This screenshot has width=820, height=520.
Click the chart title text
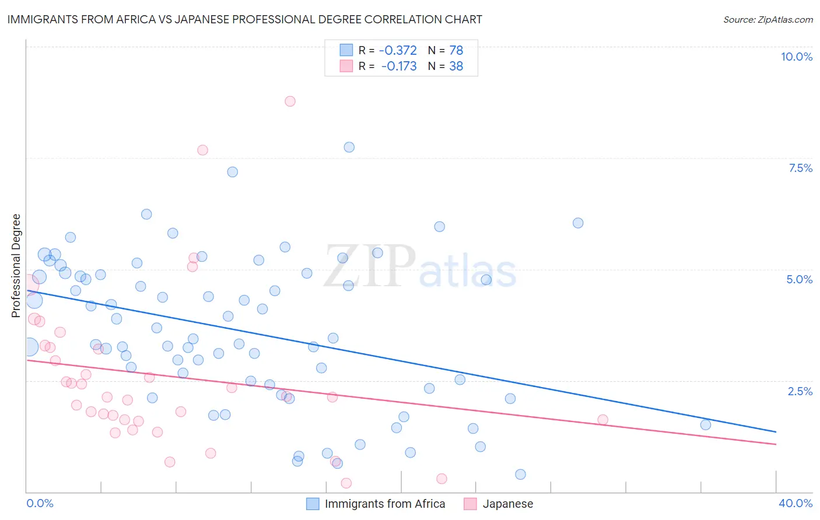pos(244,19)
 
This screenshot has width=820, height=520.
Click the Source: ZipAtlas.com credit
pos(768,20)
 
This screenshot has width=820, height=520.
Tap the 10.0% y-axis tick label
pos(797,57)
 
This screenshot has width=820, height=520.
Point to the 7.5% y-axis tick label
pos(800,168)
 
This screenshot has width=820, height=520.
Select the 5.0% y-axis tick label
pos(799,279)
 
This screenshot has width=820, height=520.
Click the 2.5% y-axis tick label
pos(800,391)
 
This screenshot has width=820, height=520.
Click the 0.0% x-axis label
pos(40,503)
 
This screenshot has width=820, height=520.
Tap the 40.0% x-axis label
pos(796,503)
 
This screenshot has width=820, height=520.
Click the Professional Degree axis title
pos(16,266)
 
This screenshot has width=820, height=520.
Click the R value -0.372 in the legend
pos(398,51)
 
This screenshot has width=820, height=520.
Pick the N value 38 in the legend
pos(456,66)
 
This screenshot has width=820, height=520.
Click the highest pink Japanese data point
pos(290,101)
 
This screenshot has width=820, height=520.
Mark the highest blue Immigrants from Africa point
pos(349,147)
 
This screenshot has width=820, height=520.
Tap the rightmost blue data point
pos(706,424)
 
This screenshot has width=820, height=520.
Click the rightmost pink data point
pos(603,420)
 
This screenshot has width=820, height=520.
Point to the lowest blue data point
pos(521,475)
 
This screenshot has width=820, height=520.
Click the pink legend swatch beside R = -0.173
pos(346,66)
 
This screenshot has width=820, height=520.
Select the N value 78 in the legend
pos(456,51)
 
